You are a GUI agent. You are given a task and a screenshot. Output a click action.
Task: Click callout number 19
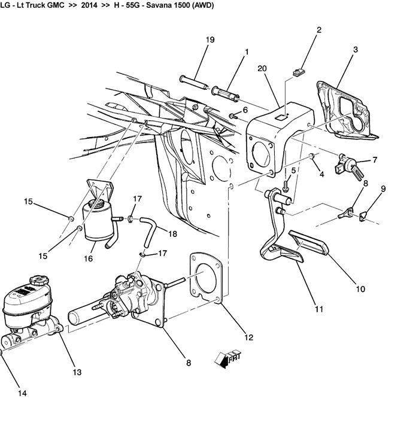pyautogui.click(x=210, y=39)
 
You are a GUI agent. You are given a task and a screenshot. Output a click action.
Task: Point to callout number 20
pyautogui.click(x=262, y=68)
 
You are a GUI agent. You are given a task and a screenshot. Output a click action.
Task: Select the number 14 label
pyautogui.click(x=22, y=393)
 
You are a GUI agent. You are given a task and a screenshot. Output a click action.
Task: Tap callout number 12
pyautogui.click(x=249, y=337)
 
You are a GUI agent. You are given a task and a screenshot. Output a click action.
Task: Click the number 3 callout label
pyautogui.click(x=356, y=50)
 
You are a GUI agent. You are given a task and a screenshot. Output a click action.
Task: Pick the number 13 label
pyautogui.click(x=77, y=372)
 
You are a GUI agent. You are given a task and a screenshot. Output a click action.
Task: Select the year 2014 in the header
pyautogui.click(x=89, y=5)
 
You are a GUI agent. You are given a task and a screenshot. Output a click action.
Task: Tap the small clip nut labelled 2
pyautogui.click(x=299, y=72)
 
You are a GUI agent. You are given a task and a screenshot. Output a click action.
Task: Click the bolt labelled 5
pyautogui.click(x=286, y=187)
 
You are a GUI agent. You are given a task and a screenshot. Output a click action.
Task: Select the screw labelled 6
pyautogui.click(x=232, y=115)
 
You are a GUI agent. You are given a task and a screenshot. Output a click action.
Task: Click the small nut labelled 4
pyautogui.click(x=311, y=156)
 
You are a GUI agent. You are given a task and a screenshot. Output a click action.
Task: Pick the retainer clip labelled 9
pyautogui.click(x=363, y=216)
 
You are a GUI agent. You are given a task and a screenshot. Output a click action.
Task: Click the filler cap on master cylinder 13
pyautogui.click(x=40, y=281)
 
